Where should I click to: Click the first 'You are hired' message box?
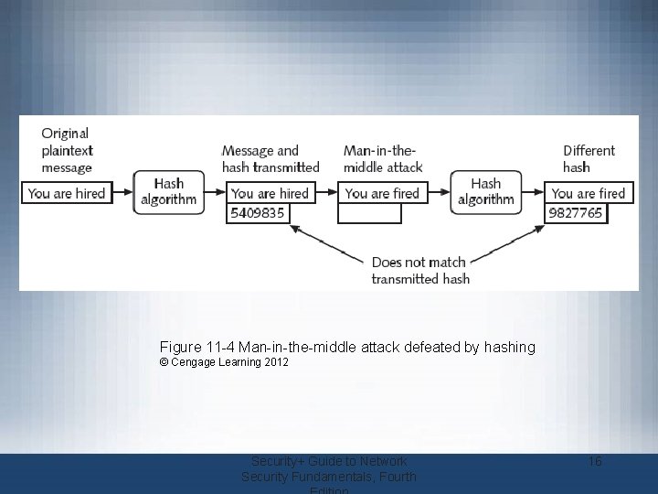pos(66,193)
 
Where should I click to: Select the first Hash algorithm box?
pos(168,192)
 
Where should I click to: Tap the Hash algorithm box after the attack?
pos(485,192)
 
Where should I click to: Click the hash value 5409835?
pos(258,213)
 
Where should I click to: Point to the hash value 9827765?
pos(576,213)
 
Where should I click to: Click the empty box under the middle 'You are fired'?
pos(369,213)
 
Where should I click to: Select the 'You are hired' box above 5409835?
pos(270,193)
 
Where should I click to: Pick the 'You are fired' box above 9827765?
pos(589,193)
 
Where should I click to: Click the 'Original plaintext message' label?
pos(67,150)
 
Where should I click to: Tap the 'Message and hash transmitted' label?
pos(271,158)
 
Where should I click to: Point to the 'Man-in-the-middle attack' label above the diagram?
pos(383,158)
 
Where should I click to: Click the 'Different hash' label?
pos(589,158)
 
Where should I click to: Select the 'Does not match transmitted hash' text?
pos(419,270)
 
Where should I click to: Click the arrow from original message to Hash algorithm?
pos(122,193)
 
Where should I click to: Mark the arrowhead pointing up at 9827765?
pos(538,230)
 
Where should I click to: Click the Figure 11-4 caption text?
pos(347,348)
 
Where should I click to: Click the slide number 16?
pos(594,462)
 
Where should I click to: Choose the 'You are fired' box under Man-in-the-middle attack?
pos(382,193)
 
